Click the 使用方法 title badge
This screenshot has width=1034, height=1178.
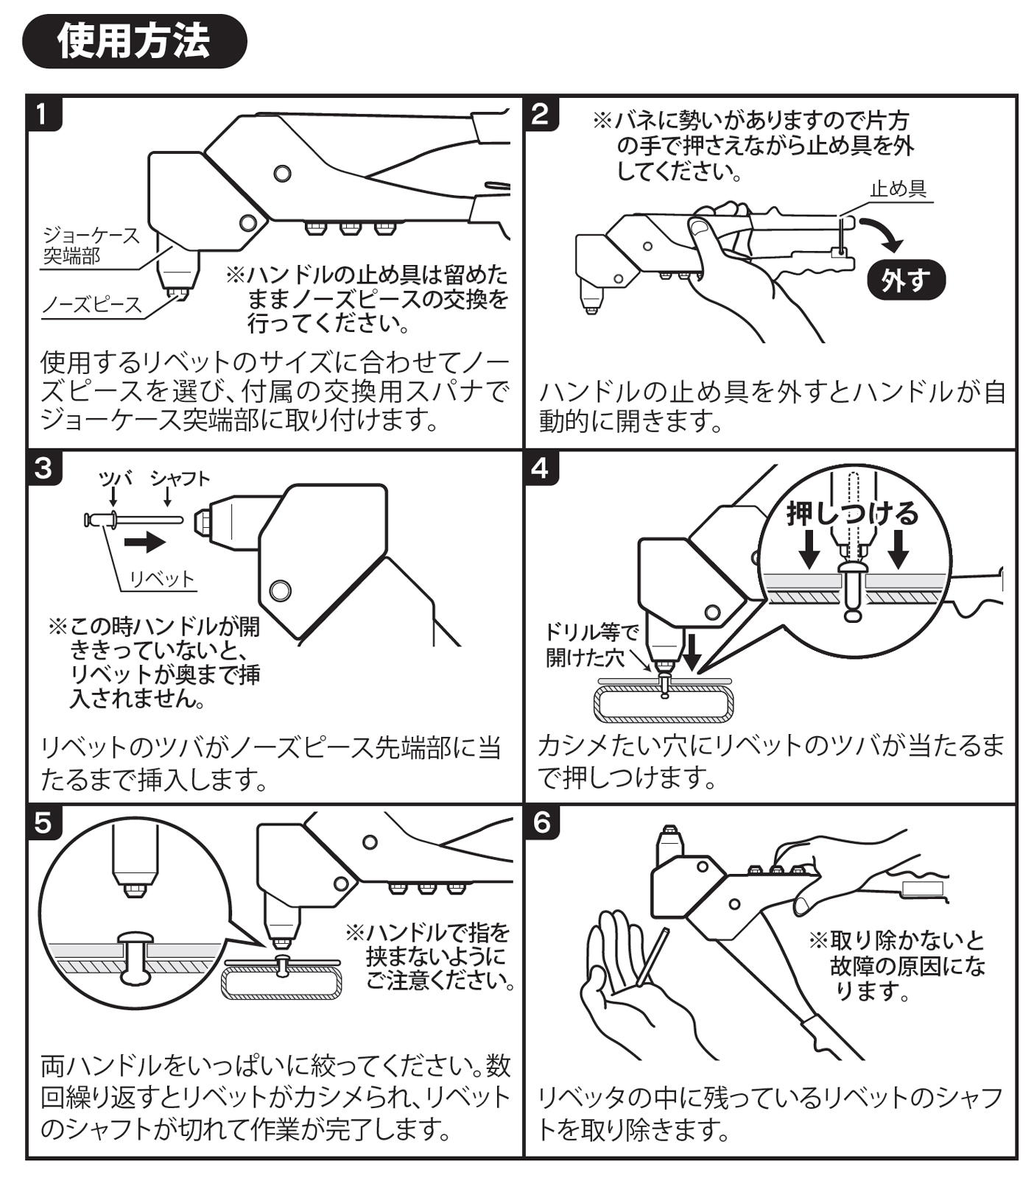(134, 41)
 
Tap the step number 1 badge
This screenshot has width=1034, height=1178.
(42, 114)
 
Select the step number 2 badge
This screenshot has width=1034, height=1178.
(540, 114)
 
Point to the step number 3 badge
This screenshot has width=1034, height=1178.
(43, 468)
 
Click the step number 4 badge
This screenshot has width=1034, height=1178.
(540, 468)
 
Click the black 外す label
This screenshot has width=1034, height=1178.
(904, 281)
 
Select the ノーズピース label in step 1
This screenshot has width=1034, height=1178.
(92, 305)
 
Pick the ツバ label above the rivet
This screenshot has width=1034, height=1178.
(116, 479)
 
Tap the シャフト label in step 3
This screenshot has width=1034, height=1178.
(180, 479)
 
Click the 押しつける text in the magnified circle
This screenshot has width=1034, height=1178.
(852, 513)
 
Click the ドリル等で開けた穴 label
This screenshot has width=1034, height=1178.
(591, 644)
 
